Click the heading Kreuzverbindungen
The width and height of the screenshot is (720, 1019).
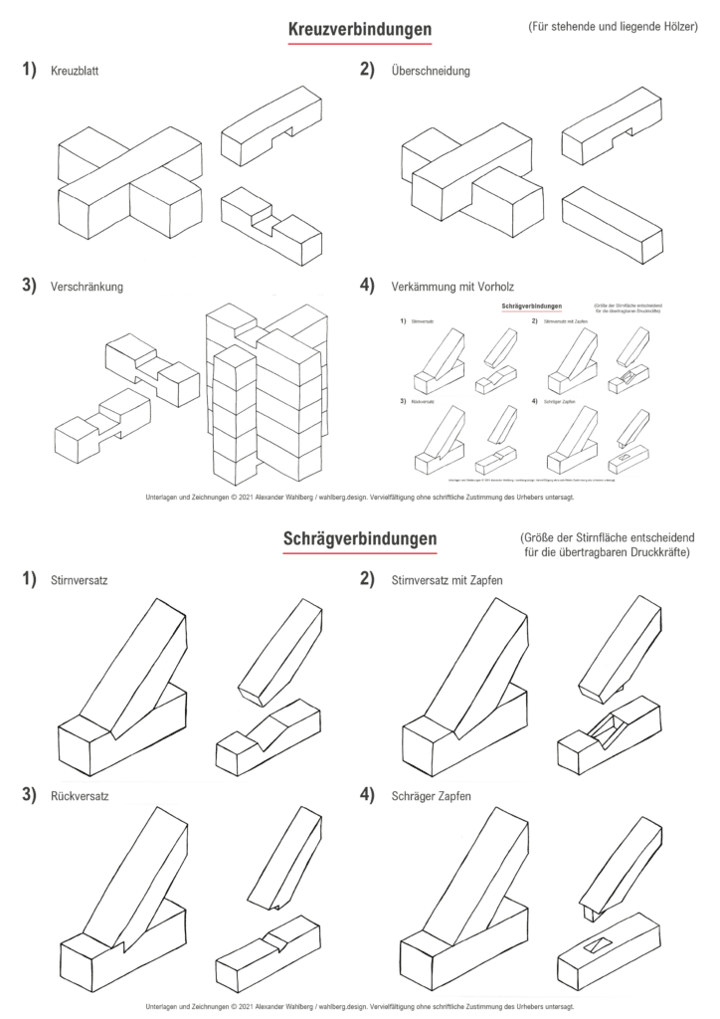click(x=359, y=30)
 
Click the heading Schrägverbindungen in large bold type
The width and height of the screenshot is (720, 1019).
click(x=359, y=539)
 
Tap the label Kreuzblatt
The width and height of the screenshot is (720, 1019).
click(x=74, y=72)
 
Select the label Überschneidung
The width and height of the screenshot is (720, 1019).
click(x=431, y=72)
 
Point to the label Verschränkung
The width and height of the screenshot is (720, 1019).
click(x=86, y=287)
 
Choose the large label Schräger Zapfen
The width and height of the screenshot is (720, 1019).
click(x=432, y=795)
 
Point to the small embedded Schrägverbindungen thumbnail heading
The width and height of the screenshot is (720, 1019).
click(x=532, y=306)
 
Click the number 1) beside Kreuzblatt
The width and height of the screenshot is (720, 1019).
click(x=29, y=71)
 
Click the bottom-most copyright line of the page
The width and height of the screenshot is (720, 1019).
click(x=359, y=1006)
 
